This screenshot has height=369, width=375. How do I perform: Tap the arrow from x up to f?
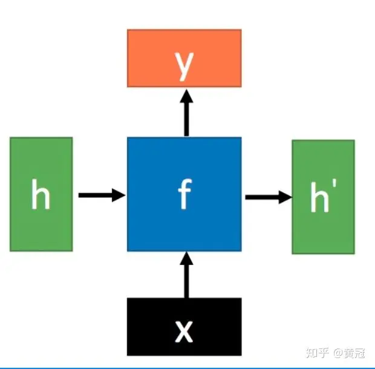186,278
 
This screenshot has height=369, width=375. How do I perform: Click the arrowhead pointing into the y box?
186,96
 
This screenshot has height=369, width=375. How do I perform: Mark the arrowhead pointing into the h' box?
285,197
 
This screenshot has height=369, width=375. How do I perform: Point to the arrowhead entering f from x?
186,258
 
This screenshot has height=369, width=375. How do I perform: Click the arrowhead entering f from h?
119,195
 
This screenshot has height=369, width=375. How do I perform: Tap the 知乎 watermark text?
318,353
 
